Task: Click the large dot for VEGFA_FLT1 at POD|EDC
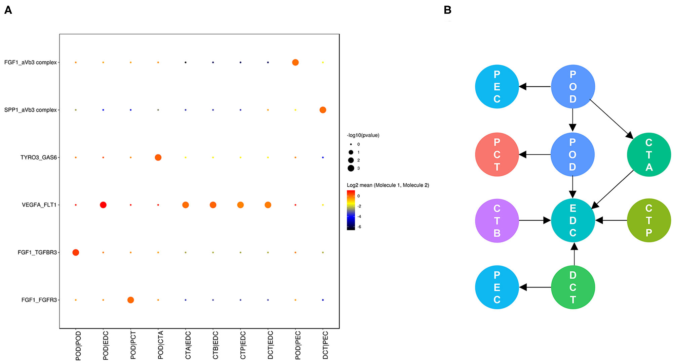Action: [x=103, y=205]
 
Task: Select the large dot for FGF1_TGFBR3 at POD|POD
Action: [x=76, y=253]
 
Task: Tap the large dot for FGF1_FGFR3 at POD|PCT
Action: [x=131, y=300]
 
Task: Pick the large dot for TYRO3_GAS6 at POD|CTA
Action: [x=158, y=157]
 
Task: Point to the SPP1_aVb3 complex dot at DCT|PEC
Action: [x=323, y=110]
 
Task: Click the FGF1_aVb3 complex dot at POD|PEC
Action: [x=295, y=62]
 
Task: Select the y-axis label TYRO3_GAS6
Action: [x=39, y=157]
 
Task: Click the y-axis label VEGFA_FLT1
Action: [x=39, y=205]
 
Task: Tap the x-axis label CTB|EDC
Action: [x=215, y=345]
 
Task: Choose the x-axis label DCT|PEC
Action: [x=325, y=345]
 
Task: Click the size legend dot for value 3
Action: [x=351, y=168]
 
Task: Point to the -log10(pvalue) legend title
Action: [x=363, y=135]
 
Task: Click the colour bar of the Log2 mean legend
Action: [x=351, y=210]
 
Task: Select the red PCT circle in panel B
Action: [x=497, y=154]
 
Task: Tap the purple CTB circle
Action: [x=497, y=221]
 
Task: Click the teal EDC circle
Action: [x=573, y=221]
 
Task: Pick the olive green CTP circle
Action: [x=649, y=221]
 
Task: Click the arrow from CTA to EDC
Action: [x=612, y=189]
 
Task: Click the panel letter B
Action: [x=447, y=10]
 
